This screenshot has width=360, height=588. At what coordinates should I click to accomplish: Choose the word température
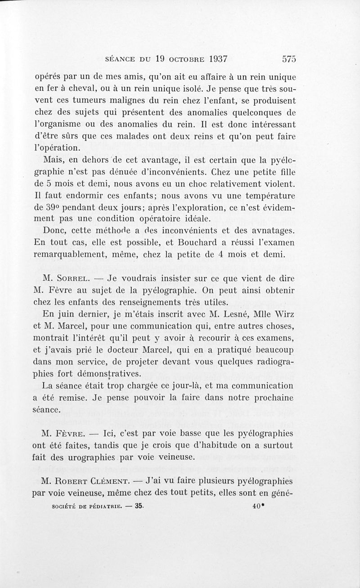[x=266, y=196]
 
